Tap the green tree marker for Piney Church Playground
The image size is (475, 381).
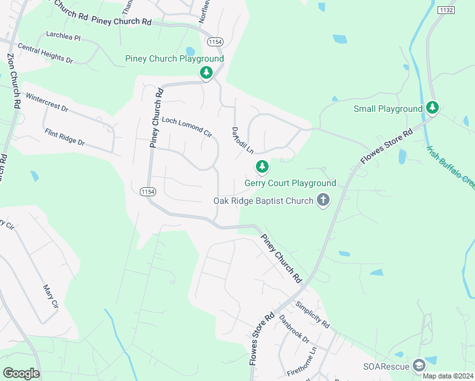206,73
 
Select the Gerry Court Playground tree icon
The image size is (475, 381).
262,167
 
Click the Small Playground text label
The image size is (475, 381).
387,109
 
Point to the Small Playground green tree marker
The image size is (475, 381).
432,108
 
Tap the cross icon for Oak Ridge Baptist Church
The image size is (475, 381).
323,201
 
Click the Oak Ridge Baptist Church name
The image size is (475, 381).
263,201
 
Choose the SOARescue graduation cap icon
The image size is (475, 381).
418,365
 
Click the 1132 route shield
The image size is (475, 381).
446,10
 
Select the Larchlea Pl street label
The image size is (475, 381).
63,37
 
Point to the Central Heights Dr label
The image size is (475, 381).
46,53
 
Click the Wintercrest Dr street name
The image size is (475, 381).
47,104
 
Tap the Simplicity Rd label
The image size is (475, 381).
312,314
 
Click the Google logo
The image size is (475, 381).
21,373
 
